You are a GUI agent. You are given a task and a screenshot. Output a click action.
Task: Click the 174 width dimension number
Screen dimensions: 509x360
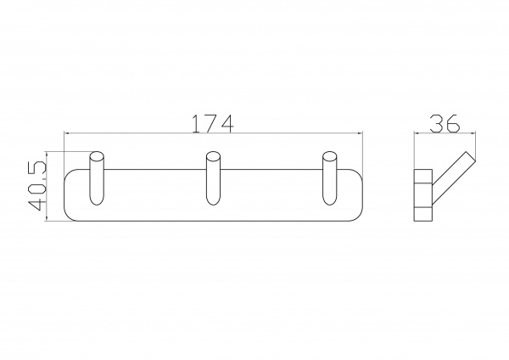213,123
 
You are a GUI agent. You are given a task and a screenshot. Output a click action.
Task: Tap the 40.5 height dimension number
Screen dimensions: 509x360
37,186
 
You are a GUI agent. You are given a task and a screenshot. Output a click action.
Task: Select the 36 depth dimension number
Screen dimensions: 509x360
445,123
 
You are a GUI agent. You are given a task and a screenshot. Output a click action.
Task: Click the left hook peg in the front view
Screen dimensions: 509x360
97,178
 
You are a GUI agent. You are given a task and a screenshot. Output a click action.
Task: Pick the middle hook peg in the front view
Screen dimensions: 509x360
214,178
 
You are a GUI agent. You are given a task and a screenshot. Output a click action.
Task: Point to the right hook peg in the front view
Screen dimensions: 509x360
330,178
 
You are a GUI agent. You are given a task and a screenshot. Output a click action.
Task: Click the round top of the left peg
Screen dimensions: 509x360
97,156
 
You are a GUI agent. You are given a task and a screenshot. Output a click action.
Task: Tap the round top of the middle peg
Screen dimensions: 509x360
214,156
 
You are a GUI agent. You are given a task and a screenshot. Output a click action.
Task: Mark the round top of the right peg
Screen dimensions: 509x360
330,156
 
